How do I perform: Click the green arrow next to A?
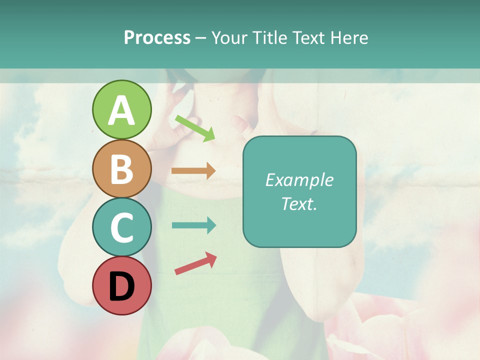pos(195,127)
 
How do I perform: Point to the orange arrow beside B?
pos(193,170)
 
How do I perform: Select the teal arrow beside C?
pos(193,225)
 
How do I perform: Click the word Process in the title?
pos(157,38)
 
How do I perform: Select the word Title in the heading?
pos(268,38)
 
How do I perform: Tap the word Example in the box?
pos(299,180)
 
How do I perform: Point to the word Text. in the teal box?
pos(299,204)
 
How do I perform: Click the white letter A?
pos(121,111)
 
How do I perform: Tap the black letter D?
pos(121,287)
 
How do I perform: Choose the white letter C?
pos(121,228)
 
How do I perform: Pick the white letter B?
pos(121,169)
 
